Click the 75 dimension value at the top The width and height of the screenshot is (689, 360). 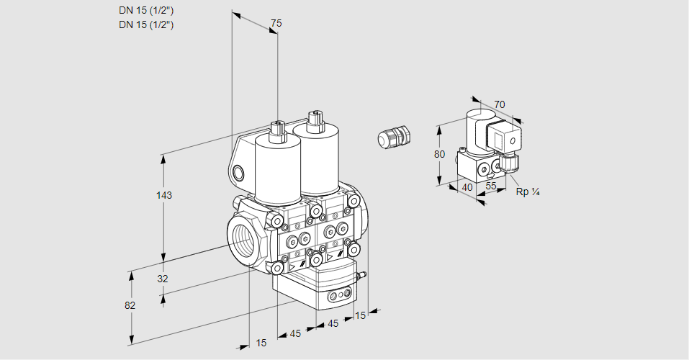tap(275, 24)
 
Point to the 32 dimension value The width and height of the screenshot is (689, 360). tap(162, 279)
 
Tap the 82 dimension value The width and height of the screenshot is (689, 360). tap(130, 305)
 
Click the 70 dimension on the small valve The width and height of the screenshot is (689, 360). tap(500, 104)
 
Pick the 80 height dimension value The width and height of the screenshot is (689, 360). tap(441, 154)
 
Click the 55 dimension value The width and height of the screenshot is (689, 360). tap(492, 185)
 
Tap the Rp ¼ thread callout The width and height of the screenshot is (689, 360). tap(528, 192)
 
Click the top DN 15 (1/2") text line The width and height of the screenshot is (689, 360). tap(147, 11)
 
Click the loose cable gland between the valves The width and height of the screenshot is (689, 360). tap(394, 136)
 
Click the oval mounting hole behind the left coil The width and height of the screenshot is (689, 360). tap(238, 172)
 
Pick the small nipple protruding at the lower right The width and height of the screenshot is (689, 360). tap(362, 274)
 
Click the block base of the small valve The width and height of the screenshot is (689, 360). tap(475, 168)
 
